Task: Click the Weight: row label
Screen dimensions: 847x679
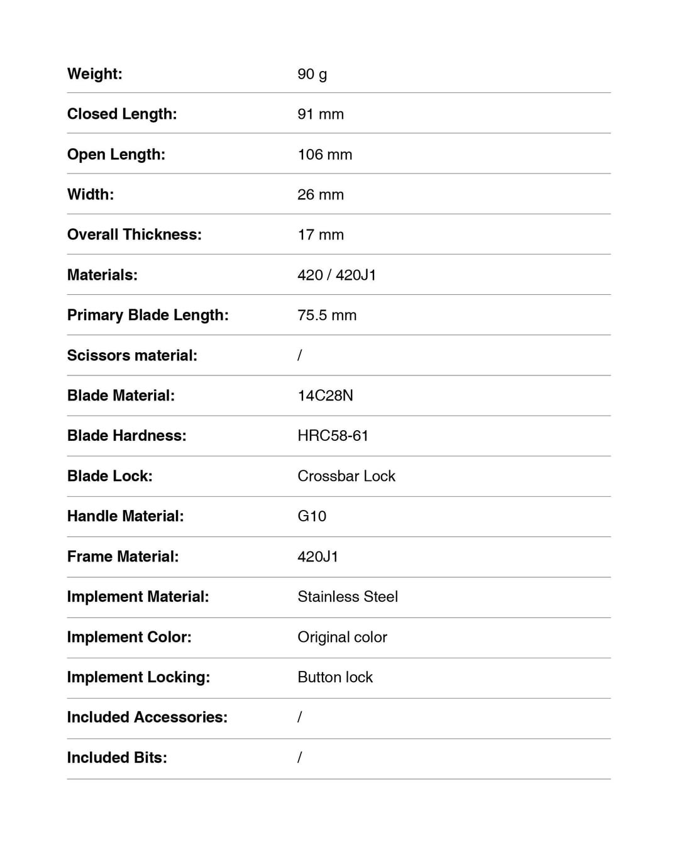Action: [x=95, y=74]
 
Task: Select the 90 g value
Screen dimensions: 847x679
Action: [x=312, y=74]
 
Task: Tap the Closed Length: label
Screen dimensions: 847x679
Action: [x=122, y=114]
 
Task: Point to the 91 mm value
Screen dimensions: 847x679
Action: [x=321, y=114]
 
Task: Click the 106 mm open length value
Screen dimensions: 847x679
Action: [x=324, y=155]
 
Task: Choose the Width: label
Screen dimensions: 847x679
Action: [x=91, y=194]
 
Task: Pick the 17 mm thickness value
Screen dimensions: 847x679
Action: [x=321, y=235]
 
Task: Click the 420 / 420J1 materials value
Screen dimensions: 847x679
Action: [x=336, y=275]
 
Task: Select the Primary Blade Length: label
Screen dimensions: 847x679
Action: [x=148, y=315]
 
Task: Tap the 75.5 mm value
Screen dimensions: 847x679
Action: [x=327, y=315]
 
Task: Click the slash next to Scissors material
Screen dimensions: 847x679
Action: [x=300, y=355]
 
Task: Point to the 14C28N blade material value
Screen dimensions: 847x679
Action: [x=325, y=396]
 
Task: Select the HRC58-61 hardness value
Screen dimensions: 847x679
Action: [x=333, y=436]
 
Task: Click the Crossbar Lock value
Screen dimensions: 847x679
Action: [x=346, y=476]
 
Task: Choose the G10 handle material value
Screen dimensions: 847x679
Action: [x=312, y=516]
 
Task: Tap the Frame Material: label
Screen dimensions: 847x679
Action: [x=123, y=556]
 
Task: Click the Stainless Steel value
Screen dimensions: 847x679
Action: [x=348, y=597]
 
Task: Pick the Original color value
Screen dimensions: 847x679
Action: [x=342, y=637]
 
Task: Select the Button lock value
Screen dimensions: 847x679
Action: [x=335, y=677]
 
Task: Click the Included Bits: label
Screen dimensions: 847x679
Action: [x=117, y=758]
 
